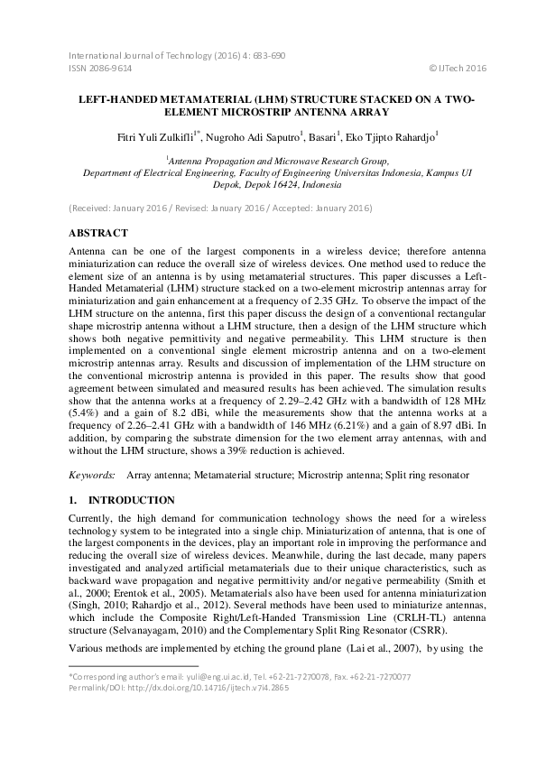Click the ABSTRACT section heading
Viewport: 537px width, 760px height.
pos(98,233)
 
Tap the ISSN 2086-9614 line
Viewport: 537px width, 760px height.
pos(100,68)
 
